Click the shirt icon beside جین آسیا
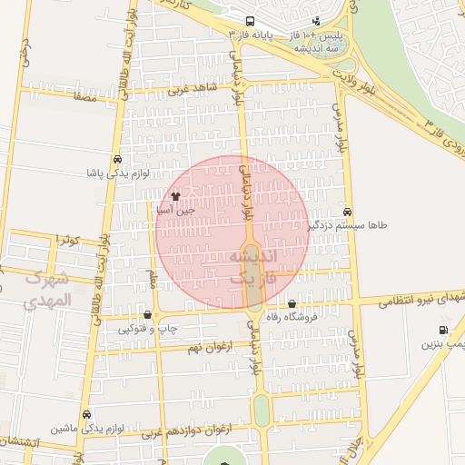[176, 195]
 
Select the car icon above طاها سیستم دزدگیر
[347, 210]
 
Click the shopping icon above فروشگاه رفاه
[292, 304]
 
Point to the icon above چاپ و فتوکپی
[147, 315]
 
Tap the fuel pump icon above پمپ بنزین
[442, 331]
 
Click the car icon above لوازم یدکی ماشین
[86, 414]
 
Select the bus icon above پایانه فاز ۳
[251, 22]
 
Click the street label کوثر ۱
[69, 240]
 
